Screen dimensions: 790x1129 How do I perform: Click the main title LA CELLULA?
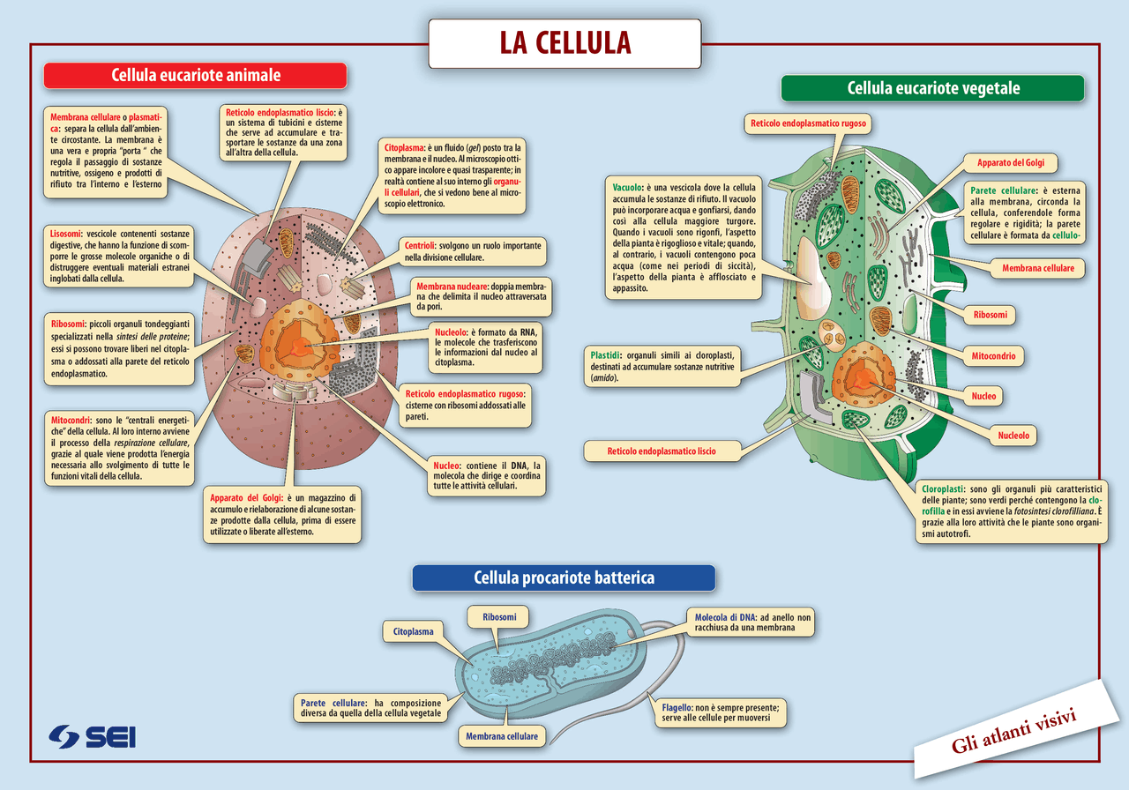click(x=565, y=43)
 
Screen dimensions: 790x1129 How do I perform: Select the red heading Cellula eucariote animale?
click(x=196, y=76)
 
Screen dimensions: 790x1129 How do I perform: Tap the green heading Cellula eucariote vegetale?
click(x=932, y=88)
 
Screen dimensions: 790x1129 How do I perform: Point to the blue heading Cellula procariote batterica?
click(x=564, y=578)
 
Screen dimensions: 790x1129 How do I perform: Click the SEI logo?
click(x=93, y=736)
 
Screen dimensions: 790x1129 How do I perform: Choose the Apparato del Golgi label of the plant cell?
click(x=1016, y=162)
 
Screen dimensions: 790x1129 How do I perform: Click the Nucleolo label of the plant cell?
click(x=1013, y=435)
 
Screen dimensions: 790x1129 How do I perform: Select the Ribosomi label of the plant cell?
click(x=990, y=314)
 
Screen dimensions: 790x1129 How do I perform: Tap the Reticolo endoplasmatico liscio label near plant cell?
click(x=662, y=451)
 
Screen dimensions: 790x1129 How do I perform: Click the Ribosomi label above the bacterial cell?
click(x=499, y=616)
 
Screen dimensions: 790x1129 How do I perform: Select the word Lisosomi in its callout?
click(x=67, y=233)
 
